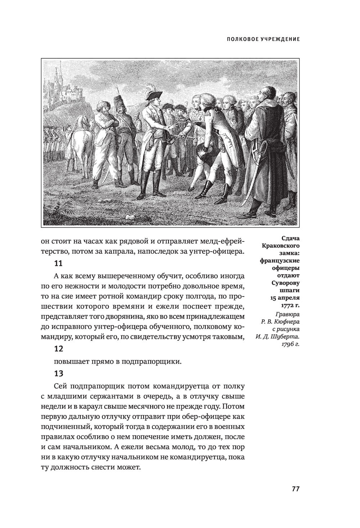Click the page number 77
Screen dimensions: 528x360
coord(296,489)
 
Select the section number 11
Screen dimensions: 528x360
coord(58,263)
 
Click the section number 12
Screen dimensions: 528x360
coord(58,349)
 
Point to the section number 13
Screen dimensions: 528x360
coord(58,373)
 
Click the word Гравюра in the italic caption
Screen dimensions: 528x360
coord(288,313)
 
